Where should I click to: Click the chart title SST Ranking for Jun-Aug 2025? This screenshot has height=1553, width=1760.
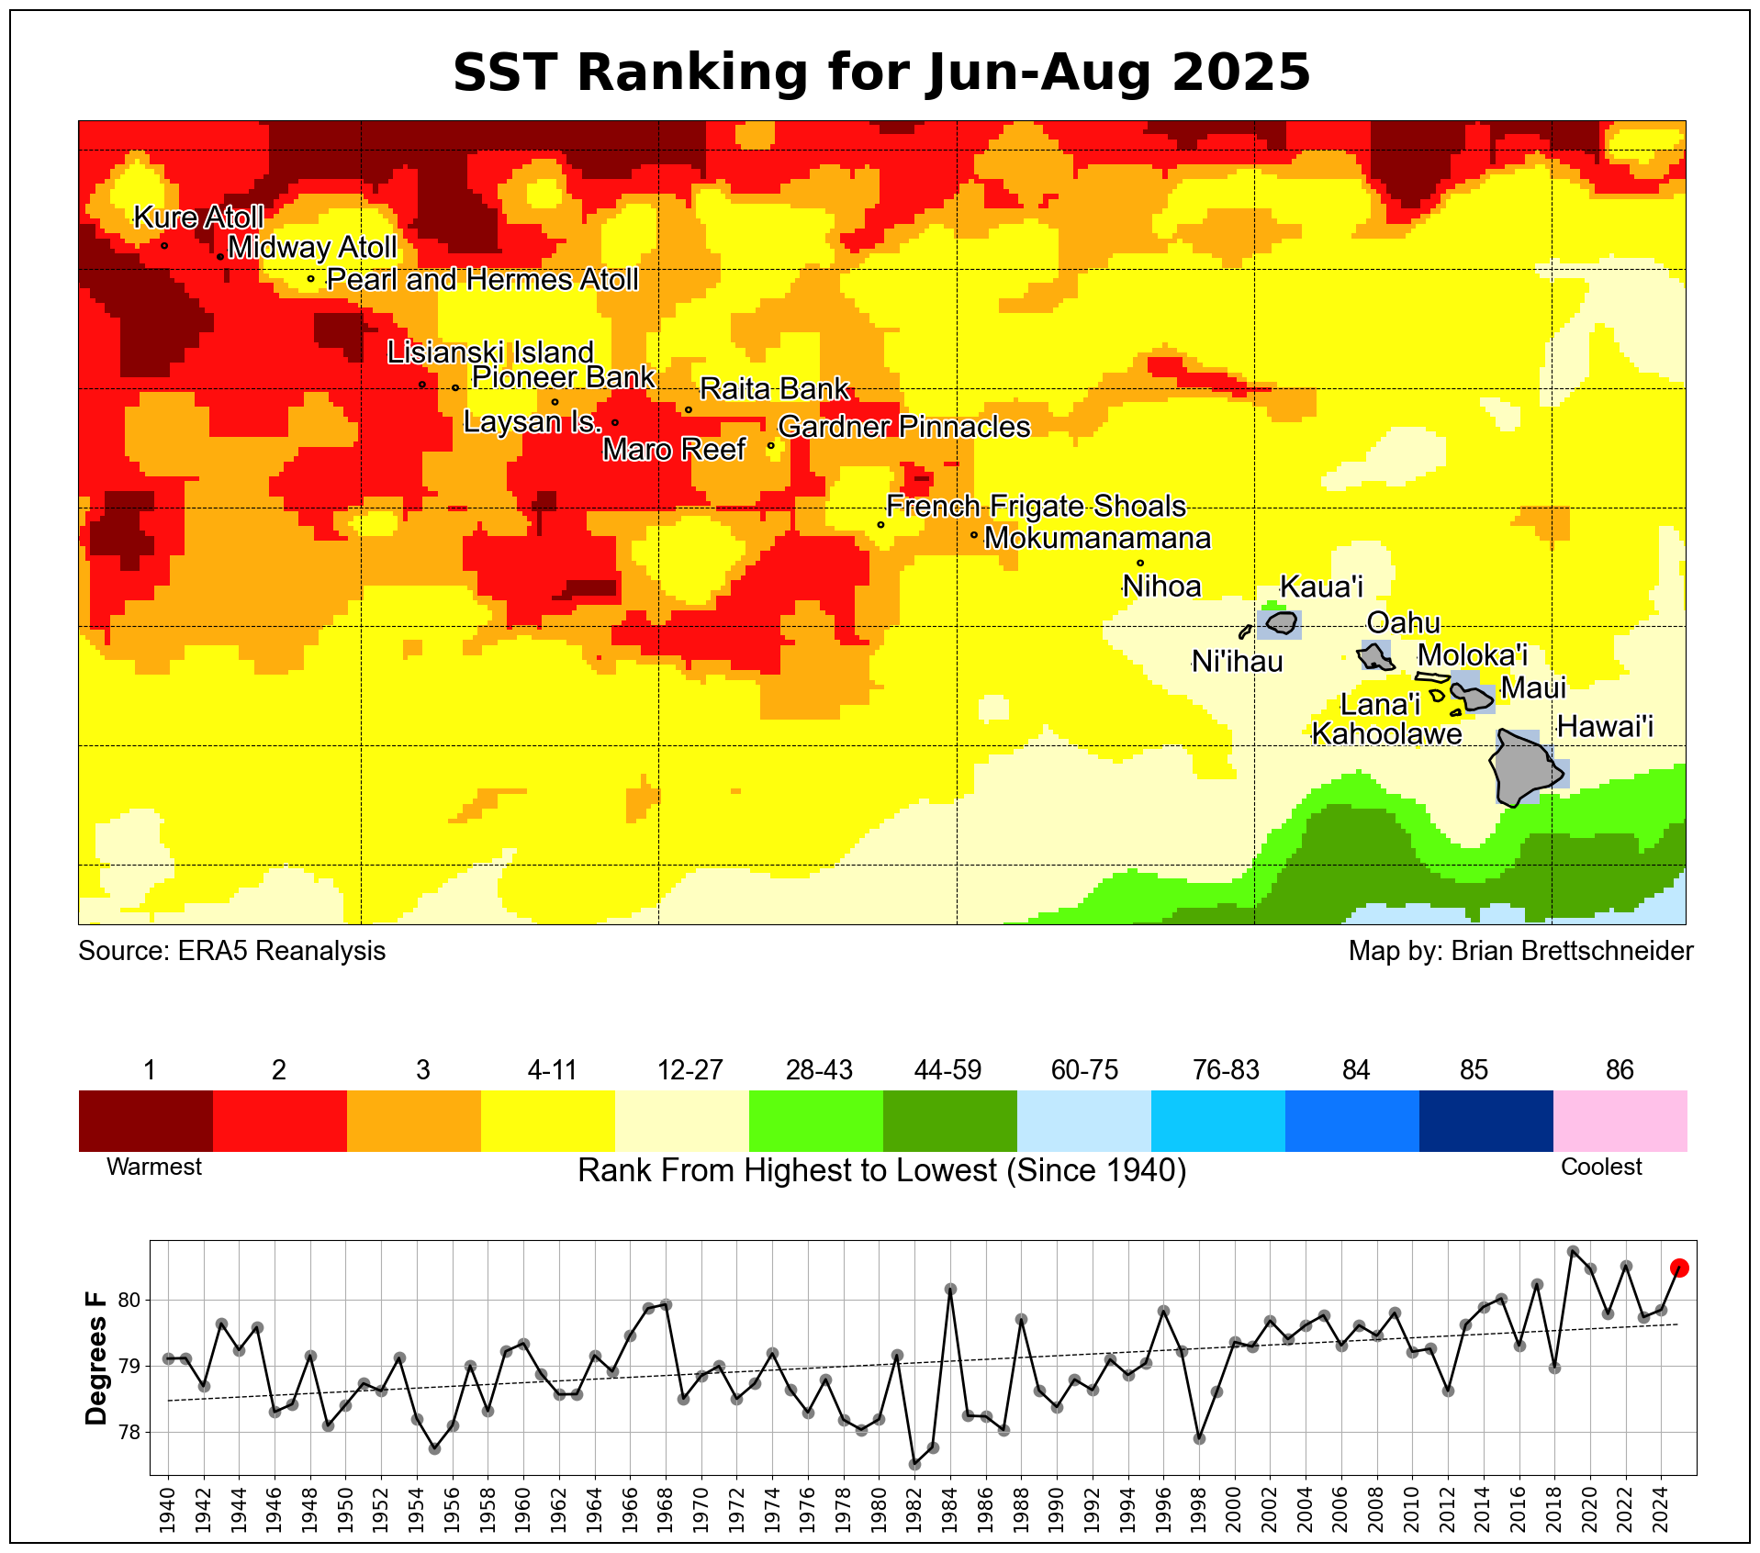(881, 73)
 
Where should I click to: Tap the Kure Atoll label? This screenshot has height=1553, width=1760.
(198, 218)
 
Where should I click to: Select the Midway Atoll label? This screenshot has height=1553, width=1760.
(312, 248)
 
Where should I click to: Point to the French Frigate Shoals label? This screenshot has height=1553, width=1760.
(1036, 507)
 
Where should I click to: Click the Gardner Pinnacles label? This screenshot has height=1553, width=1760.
(904, 427)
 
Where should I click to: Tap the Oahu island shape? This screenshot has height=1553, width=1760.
(1375, 656)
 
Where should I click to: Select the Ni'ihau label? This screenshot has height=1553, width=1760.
(1238, 662)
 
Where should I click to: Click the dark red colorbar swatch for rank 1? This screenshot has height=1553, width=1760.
(146, 1121)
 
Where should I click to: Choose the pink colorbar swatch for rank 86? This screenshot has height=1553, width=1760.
(1620, 1121)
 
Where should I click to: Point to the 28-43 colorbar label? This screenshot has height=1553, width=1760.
(819, 1070)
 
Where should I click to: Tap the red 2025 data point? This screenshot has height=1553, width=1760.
(1679, 1268)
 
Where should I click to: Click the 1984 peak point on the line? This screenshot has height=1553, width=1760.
(950, 1289)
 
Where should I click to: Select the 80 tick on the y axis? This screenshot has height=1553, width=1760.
(129, 1300)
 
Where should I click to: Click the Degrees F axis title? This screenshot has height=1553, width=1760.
(96, 1358)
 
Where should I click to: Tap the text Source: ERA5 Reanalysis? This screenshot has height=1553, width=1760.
(232, 951)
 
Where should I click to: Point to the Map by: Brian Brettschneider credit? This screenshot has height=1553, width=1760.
(1520, 951)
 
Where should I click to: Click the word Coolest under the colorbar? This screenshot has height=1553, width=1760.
(1601, 1167)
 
